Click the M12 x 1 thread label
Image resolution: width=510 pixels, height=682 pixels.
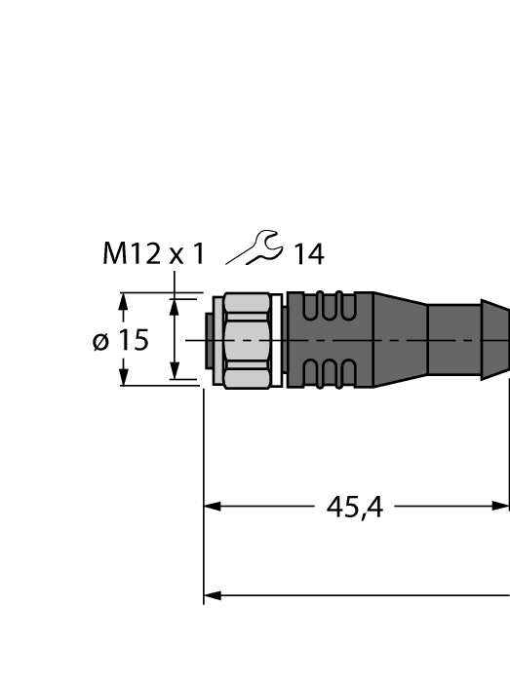(154, 254)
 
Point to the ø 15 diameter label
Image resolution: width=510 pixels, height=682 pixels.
(121, 340)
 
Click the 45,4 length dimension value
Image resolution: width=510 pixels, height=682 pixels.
(354, 508)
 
